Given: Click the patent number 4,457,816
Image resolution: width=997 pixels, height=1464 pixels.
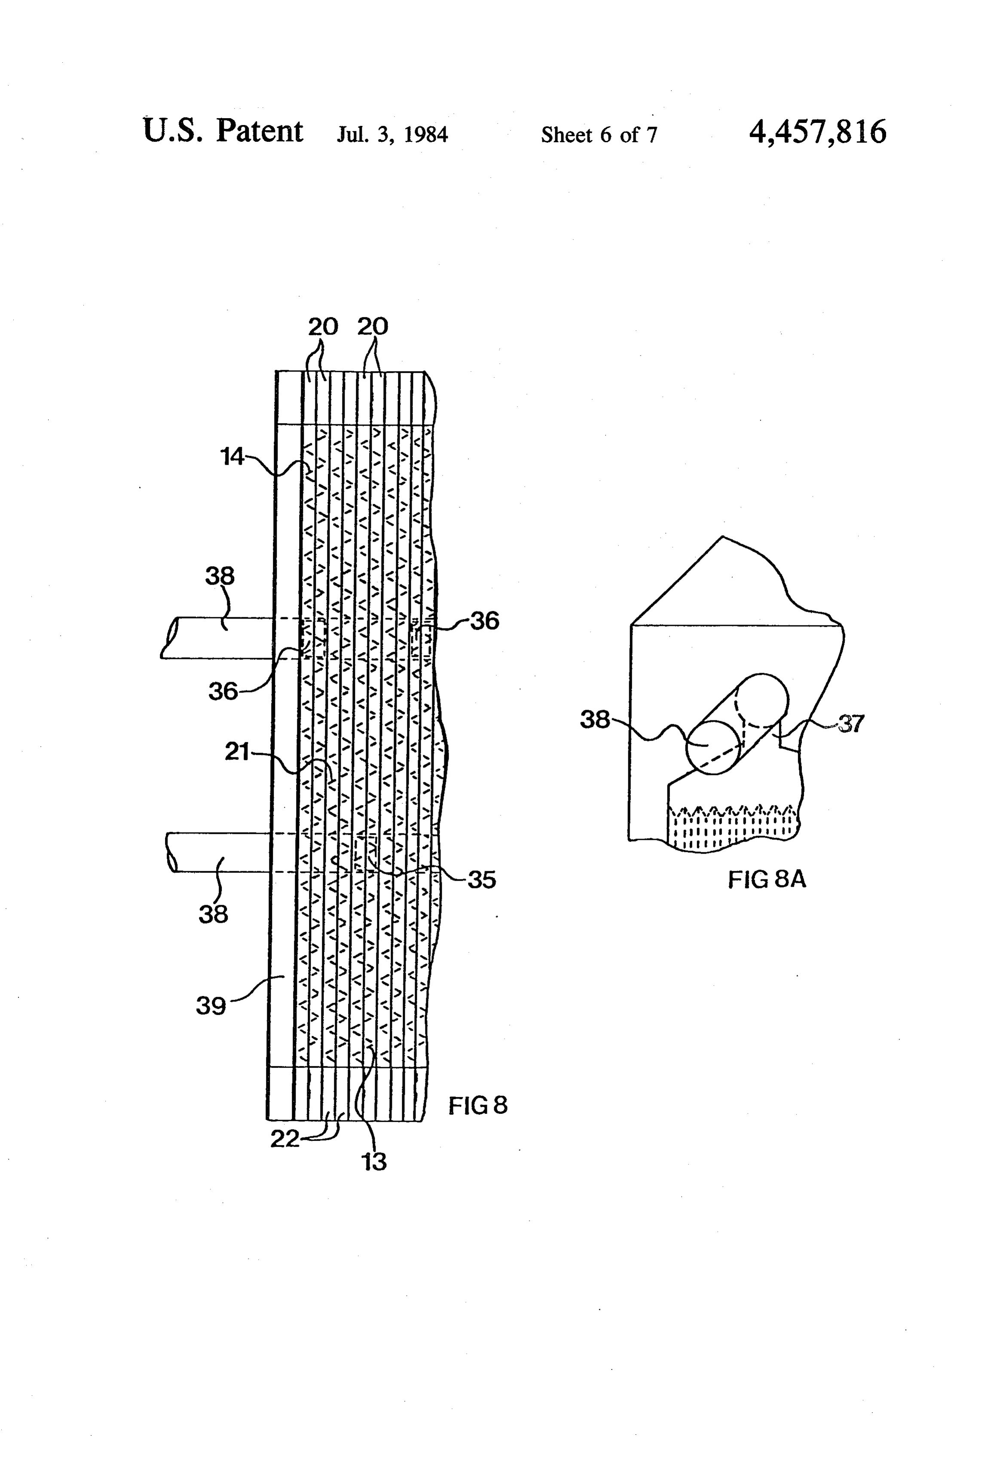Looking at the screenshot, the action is pyautogui.click(x=817, y=132).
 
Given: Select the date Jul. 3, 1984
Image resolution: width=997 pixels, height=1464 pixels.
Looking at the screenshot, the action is pyautogui.click(x=393, y=134).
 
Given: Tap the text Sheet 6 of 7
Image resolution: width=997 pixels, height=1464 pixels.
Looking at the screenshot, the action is pyautogui.click(x=599, y=134).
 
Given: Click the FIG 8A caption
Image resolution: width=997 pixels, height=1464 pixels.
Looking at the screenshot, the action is pyautogui.click(x=767, y=879).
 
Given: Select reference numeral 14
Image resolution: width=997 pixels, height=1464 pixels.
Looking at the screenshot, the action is pyautogui.click(x=232, y=456).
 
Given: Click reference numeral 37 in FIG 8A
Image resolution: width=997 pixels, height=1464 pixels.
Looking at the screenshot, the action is pyautogui.click(x=851, y=724).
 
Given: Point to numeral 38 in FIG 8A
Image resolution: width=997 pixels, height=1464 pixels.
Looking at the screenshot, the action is pyautogui.click(x=595, y=720).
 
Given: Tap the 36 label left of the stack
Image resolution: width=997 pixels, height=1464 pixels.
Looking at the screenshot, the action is pyautogui.click(x=223, y=691).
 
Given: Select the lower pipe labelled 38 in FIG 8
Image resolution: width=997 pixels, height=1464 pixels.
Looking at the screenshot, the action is pyautogui.click(x=220, y=852).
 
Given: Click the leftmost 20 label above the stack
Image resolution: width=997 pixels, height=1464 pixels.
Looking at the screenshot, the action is pyautogui.click(x=323, y=326).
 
